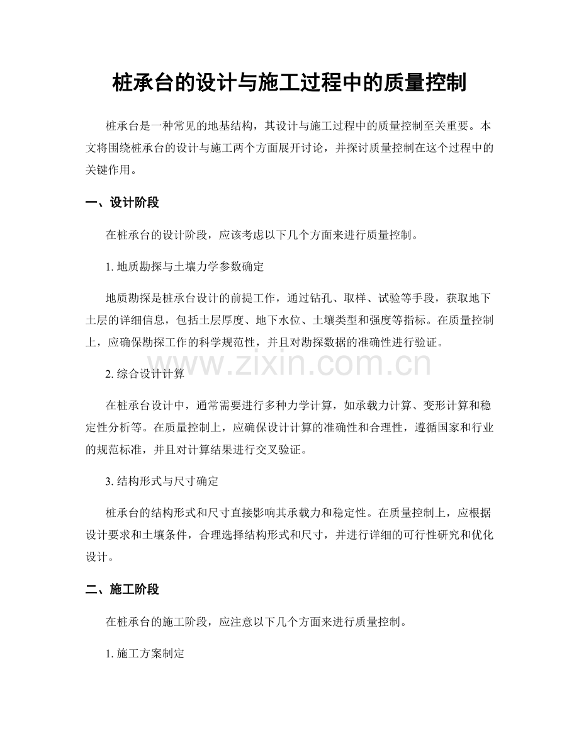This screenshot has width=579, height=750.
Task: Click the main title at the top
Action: click(289, 82)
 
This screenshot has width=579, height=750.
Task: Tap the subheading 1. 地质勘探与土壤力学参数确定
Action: click(185, 266)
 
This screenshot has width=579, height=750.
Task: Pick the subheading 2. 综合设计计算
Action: click(145, 374)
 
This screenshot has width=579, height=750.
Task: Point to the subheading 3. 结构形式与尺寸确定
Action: click(162, 482)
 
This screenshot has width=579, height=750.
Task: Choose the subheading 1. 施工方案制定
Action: click(145, 654)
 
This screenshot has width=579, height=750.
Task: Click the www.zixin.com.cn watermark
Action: click(289, 364)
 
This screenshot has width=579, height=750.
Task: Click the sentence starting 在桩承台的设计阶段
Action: click(261, 236)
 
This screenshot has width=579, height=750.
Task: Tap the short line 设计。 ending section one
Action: click(98, 557)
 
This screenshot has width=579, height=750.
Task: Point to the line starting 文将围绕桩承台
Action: click(289, 148)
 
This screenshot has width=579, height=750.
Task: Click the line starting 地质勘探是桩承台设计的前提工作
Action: click(300, 298)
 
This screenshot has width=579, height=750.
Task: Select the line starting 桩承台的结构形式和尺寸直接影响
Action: click(300, 513)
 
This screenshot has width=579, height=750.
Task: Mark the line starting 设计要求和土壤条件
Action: click(289, 535)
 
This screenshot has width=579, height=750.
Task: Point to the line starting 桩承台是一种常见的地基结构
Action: click(300, 126)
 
